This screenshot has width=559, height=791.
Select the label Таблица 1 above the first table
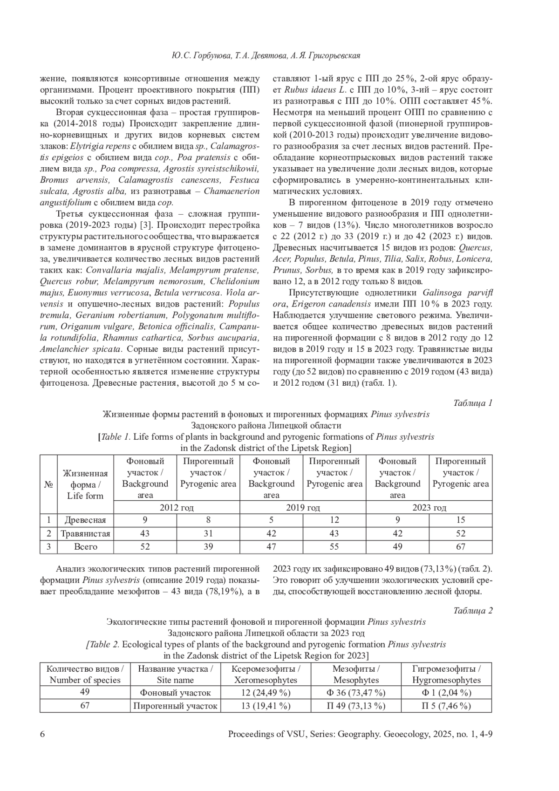[x=472, y=403]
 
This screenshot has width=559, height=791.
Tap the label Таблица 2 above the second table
[x=472, y=610]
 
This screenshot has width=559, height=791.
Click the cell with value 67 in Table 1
[x=460, y=546]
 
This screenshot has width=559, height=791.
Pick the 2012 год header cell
[x=177, y=507]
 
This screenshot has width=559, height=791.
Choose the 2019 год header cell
[x=303, y=507]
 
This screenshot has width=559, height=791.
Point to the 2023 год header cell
[x=429, y=507]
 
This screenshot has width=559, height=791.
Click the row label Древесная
[x=85, y=520]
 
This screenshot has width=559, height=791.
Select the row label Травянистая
[x=85, y=533]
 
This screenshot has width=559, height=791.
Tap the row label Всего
[x=85, y=546]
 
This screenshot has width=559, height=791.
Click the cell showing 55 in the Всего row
[x=334, y=546]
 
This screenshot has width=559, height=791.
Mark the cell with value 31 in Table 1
[x=208, y=533]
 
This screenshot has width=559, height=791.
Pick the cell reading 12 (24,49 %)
[x=266, y=693]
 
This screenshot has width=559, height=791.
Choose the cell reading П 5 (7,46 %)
[x=446, y=706]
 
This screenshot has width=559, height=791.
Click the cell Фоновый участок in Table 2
[x=175, y=693]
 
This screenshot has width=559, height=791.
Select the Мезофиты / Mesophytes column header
[x=356, y=674]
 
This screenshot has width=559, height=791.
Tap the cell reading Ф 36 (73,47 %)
[x=356, y=693]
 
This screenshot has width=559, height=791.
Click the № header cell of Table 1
[x=48, y=484]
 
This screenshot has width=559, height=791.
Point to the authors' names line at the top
[x=266, y=56]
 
